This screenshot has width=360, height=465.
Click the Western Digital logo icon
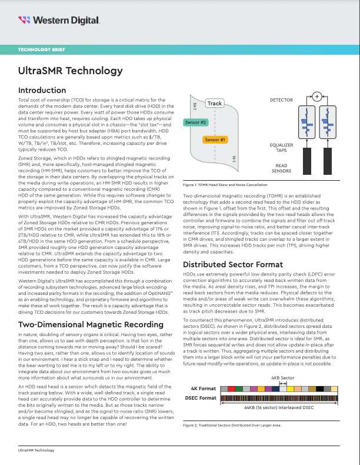pos(24,20)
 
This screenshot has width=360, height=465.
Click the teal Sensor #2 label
pos(195,122)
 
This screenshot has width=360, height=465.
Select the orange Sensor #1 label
pos(215,140)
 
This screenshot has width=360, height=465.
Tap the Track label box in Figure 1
pos(214,104)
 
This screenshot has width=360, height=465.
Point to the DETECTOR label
pos(281,101)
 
